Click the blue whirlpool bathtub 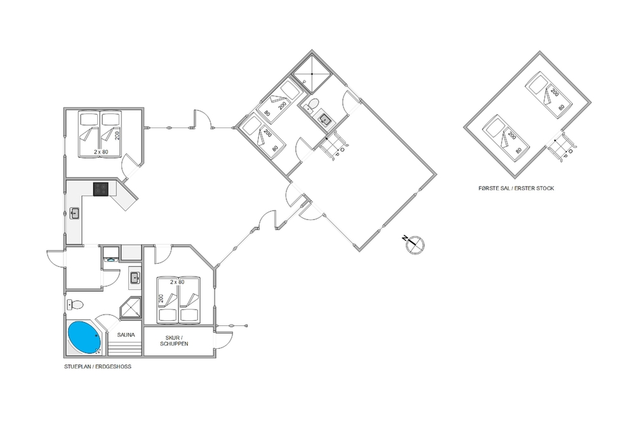point(84,337)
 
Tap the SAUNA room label point(126,335)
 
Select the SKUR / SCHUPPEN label point(174,341)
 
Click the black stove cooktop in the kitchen point(101,189)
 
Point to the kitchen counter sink point(74,213)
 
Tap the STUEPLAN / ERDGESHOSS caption point(98,367)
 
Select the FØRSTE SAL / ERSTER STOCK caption point(516,188)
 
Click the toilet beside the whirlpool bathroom point(75,304)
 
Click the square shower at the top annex point(312,74)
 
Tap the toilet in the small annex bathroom point(312,106)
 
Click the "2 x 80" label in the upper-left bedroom point(101,152)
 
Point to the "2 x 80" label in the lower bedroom point(177,282)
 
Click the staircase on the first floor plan point(561,146)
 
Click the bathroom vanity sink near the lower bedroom point(135,278)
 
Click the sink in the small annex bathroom point(324,119)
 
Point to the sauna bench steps point(124,349)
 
